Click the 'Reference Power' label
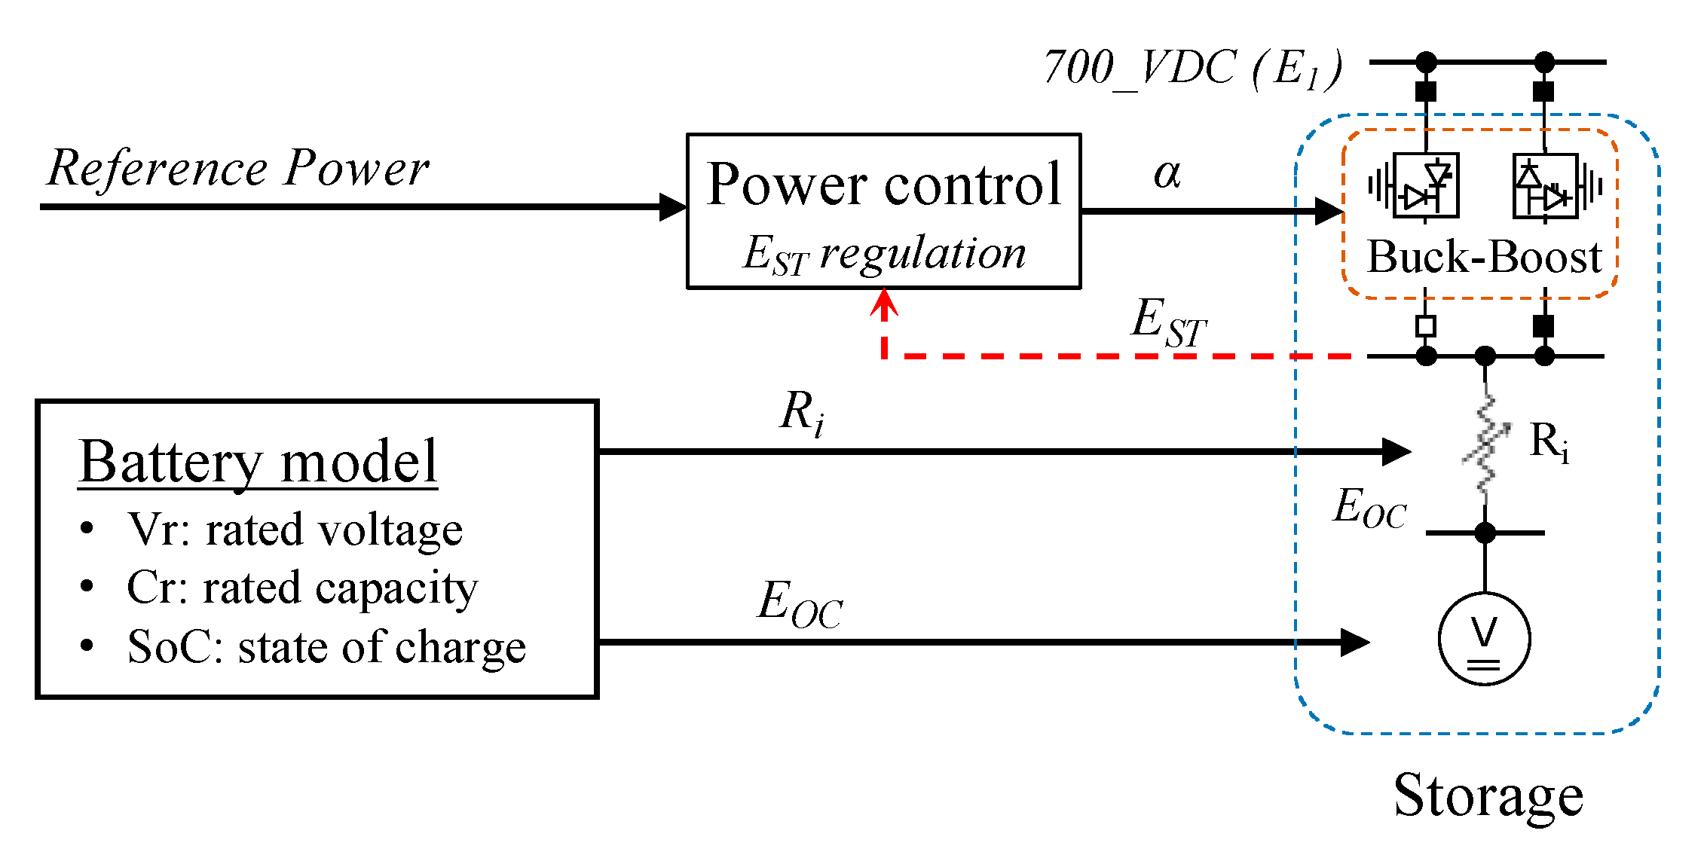(x=237, y=167)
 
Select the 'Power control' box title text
(x=883, y=185)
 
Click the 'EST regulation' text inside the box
(x=883, y=253)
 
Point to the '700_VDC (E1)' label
(x=1192, y=68)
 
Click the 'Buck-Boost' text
(x=1483, y=258)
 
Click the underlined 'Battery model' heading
(x=258, y=461)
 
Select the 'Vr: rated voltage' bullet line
(x=294, y=529)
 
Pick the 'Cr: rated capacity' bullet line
(x=301, y=588)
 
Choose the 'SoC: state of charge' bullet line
(x=326, y=646)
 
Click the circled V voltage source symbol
(x=1484, y=639)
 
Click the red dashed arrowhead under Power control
(x=884, y=303)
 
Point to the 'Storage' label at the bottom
(x=1488, y=795)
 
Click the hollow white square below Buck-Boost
(x=1425, y=326)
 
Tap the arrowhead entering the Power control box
(x=672, y=206)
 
